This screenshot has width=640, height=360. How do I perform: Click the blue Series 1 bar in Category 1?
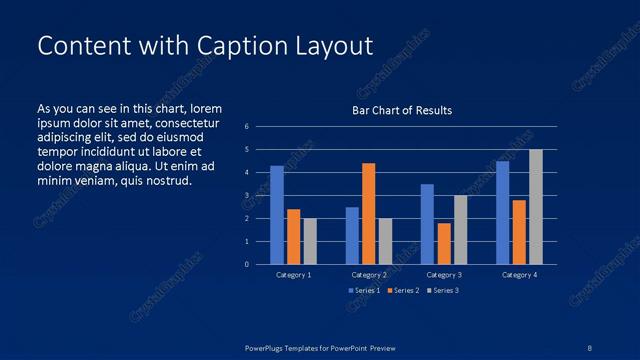[x=277, y=215]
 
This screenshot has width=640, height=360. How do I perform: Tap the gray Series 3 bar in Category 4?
[x=536, y=207]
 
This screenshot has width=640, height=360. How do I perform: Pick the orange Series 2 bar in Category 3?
[x=444, y=244]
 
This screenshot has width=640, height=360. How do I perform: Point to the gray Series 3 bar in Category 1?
[x=310, y=241]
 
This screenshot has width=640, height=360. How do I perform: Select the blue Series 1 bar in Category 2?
[x=352, y=236]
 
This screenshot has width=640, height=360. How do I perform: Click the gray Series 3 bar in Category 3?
[x=460, y=230]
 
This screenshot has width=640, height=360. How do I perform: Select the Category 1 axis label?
[x=293, y=274]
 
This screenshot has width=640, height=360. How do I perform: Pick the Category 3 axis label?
[x=443, y=274]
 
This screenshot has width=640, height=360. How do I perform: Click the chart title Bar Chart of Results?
[x=402, y=110]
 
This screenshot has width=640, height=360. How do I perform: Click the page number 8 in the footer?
[x=590, y=347]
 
